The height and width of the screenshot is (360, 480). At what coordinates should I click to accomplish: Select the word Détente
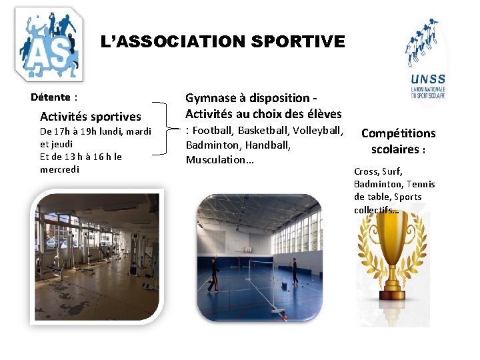pyautogui.click(x=51, y=97)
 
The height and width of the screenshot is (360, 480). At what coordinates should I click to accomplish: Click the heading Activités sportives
pyautogui.click(x=91, y=117)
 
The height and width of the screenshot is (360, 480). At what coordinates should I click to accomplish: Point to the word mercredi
pyautogui.click(x=59, y=169)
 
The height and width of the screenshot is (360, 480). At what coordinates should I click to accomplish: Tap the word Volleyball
pyautogui.click(x=317, y=129)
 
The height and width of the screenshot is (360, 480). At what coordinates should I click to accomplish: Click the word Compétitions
pyautogui.click(x=398, y=133)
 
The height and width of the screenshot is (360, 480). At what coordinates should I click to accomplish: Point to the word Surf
pyautogui.click(x=391, y=171)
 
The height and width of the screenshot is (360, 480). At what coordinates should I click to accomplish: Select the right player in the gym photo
pyautogui.click(x=294, y=269)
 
